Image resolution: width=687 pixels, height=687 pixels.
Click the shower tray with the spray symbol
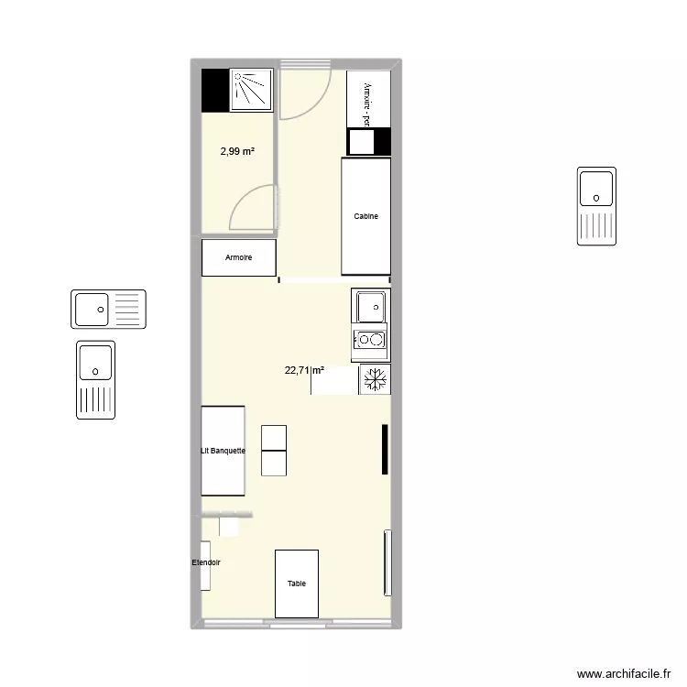[x=251, y=90]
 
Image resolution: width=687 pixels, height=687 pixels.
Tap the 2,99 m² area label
[x=237, y=152]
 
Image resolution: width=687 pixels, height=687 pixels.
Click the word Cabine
[x=366, y=216]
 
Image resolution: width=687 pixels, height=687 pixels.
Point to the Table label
[x=297, y=583]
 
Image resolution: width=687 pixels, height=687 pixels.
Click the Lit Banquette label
[x=224, y=451]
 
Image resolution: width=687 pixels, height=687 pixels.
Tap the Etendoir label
[x=206, y=562]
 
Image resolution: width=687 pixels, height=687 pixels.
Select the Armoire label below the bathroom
[x=239, y=258]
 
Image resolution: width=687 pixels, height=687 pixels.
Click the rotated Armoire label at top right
[x=367, y=103]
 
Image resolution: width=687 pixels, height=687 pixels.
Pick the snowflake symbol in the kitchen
[x=373, y=379]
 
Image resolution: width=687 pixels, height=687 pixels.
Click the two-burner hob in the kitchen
[x=371, y=341]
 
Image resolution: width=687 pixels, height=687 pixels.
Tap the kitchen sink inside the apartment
[x=371, y=306]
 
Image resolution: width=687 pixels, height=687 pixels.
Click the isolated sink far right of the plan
[x=596, y=206]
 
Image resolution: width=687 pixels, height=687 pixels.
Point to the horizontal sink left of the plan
[x=108, y=309]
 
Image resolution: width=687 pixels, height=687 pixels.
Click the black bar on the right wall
[x=386, y=450]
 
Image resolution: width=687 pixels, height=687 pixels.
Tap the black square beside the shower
[x=214, y=90]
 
